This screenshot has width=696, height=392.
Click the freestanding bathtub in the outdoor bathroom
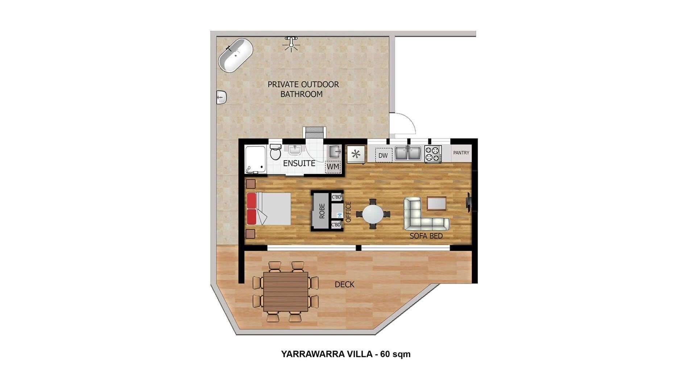[235, 55]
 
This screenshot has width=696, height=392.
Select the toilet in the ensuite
[275, 152]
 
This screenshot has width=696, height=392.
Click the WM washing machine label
[333, 167]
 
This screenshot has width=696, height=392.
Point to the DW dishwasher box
[383, 155]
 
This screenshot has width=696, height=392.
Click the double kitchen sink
[408, 153]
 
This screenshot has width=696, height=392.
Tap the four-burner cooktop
[433, 154]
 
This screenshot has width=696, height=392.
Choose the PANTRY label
[461, 153]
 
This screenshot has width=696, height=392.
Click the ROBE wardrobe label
[322, 211]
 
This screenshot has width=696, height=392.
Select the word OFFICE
[348, 212]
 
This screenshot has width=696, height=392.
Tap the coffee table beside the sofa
[436, 203]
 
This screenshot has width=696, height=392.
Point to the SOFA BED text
[426, 236]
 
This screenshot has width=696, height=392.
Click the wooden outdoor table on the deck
[286, 291]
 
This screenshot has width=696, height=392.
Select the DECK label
[344, 285]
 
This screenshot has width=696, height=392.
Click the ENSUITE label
[299, 163]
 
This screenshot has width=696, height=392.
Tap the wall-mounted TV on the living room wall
[468, 203]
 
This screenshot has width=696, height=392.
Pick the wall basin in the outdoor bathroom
[221, 97]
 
